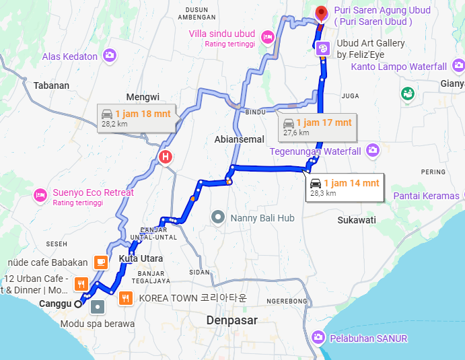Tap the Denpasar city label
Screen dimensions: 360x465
pyautogui.click(x=232, y=320)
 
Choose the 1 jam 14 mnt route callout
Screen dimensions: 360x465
pyautogui.click(x=344, y=187)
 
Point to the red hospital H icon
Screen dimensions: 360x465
pyautogui.click(x=164, y=158)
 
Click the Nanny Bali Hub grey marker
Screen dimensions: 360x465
pyautogui.click(x=217, y=217)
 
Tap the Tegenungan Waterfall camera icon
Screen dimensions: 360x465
pyautogui.click(x=372, y=151)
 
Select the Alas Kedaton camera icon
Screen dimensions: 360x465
pyautogui.click(x=109, y=56)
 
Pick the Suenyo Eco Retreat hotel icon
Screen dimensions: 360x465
pyautogui.click(x=40, y=195)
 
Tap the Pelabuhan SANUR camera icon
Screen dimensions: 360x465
pyautogui.click(x=318, y=337)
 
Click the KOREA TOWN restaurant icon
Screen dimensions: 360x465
pyautogui.click(x=126, y=297)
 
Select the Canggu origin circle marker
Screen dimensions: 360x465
pyautogui.click(x=78, y=304)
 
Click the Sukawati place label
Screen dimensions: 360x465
pyautogui.click(x=357, y=219)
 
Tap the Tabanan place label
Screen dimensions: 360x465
pyautogui.click(x=52, y=85)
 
